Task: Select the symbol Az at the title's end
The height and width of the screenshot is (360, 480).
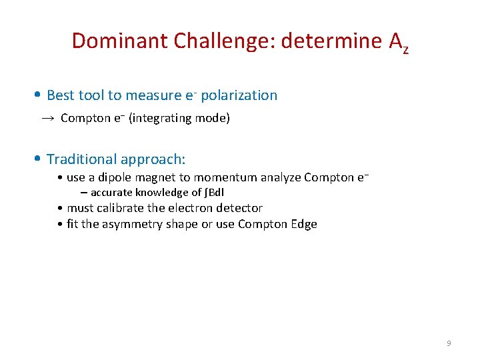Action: coord(397,43)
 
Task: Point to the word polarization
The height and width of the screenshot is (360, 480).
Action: coord(239,95)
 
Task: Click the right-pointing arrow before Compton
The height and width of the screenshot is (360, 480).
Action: coord(47,119)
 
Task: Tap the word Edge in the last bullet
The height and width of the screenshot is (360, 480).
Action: coord(303,224)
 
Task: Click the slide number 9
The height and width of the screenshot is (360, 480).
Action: coord(448,343)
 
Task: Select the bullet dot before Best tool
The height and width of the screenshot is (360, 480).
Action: coord(40,95)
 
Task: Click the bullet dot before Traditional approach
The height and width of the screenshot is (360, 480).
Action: coord(40,159)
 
